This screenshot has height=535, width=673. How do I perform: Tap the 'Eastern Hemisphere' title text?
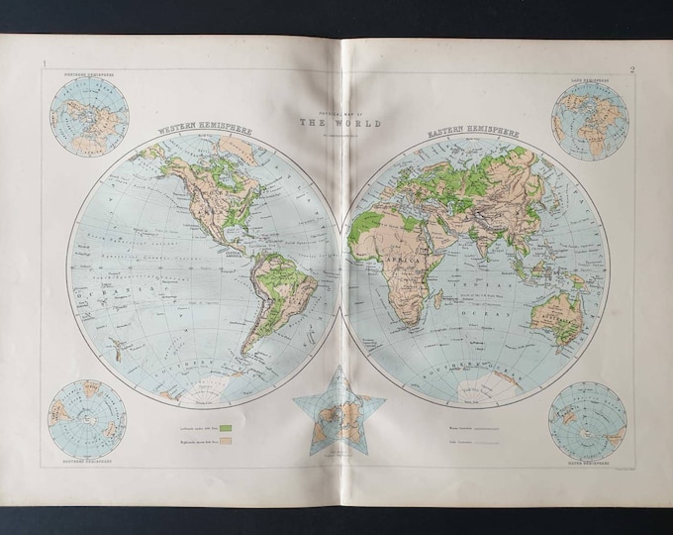(x=477, y=131)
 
